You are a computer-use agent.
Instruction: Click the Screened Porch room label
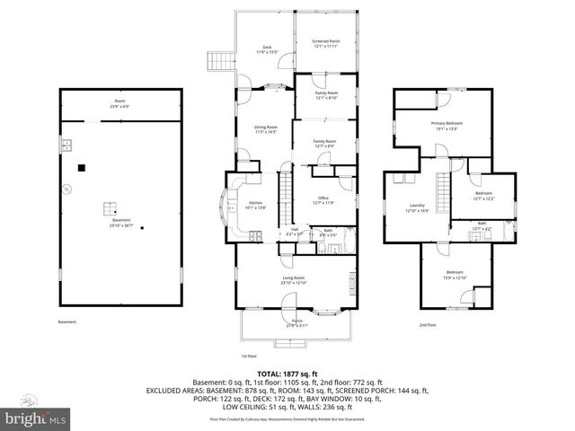(324, 40)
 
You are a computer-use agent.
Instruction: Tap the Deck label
(267, 49)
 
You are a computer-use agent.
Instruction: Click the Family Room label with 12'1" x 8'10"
(325, 95)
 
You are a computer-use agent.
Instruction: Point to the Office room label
(324, 200)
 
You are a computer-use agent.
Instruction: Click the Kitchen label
(257, 206)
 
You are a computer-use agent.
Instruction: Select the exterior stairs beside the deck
(216, 61)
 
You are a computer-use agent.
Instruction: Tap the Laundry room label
(417, 207)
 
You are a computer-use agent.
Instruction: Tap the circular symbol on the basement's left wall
(66, 189)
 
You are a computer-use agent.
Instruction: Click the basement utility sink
(66, 145)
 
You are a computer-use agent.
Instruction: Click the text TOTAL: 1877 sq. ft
(287, 373)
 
